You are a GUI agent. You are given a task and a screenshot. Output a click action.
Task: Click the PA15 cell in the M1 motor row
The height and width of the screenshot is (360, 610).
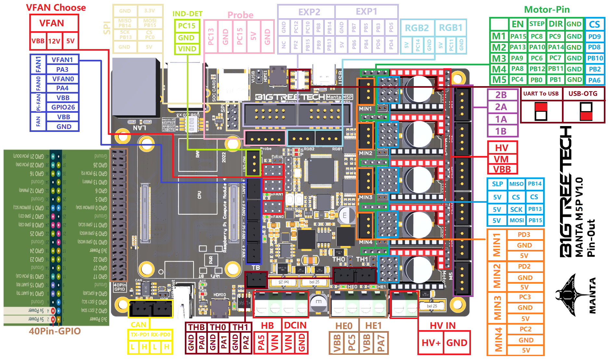518,36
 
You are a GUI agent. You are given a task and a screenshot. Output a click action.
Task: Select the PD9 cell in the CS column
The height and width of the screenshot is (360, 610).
594,37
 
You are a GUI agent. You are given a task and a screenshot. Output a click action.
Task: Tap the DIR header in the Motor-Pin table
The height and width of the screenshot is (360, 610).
555,24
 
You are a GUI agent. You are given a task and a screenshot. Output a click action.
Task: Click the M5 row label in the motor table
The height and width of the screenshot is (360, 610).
499,80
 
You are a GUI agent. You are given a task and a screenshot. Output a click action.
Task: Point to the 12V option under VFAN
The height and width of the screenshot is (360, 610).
54,41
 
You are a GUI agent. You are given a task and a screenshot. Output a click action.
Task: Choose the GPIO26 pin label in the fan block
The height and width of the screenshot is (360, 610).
63,107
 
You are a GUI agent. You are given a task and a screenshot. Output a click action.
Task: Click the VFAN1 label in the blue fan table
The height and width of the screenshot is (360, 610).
62,60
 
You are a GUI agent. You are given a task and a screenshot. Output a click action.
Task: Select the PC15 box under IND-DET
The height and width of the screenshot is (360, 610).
187,26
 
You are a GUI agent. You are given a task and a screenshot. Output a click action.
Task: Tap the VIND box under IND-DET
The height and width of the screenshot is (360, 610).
187,49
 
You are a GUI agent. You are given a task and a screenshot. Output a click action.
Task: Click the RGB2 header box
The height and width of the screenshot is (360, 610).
417,28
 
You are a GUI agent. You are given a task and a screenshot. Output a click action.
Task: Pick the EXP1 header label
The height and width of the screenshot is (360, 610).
366,12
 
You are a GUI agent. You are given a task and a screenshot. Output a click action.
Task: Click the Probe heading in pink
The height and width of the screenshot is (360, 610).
240,15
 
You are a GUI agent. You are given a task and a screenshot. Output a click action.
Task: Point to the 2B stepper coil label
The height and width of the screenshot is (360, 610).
501,95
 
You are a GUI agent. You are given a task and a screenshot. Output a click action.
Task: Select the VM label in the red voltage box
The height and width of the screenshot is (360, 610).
501,159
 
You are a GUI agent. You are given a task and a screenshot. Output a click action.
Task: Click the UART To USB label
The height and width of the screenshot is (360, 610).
541,94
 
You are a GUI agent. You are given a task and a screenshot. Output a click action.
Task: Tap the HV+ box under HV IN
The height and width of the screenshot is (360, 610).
431,343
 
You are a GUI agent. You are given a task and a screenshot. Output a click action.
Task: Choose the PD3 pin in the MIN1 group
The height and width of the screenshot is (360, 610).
524,235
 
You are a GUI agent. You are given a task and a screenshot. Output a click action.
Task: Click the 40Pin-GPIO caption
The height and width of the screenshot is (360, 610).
55,331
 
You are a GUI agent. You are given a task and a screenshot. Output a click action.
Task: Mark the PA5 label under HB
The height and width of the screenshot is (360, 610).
261,343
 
